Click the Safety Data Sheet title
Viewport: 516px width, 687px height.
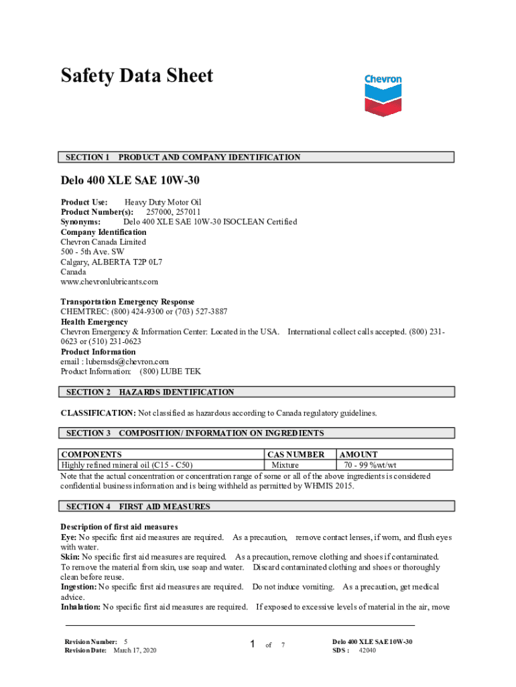(x=137, y=76)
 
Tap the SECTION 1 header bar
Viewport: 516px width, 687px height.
(x=257, y=157)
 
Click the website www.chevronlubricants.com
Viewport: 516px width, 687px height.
(x=109, y=282)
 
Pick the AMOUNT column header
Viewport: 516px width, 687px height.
(x=359, y=454)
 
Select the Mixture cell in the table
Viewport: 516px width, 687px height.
(x=285, y=464)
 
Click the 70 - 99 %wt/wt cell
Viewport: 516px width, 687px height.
(x=370, y=464)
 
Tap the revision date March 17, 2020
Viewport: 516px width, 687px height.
(x=135, y=650)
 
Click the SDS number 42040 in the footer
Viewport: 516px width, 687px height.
(x=367, y=650)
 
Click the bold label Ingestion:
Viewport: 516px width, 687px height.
(x=78, y=587)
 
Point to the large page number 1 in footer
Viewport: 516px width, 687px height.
(x=253, y=645)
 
